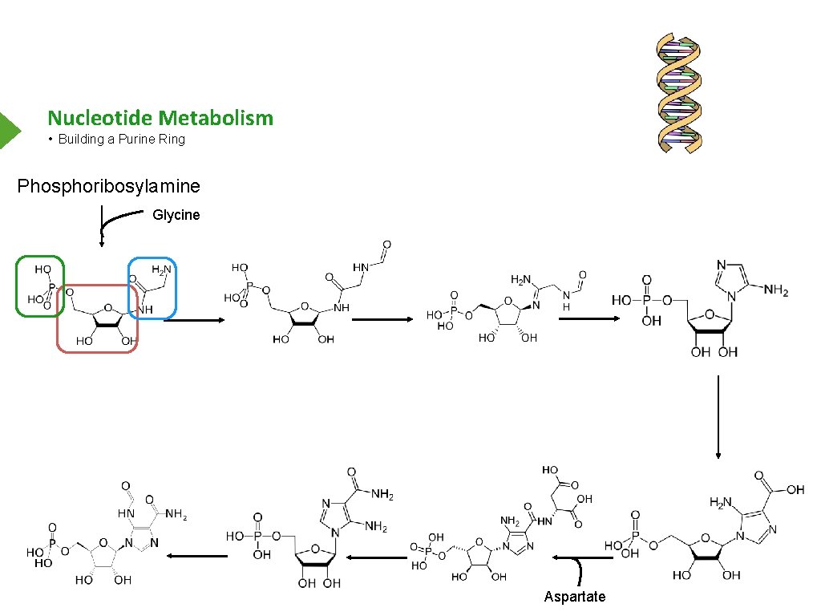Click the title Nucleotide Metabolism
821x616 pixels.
pos(160,119)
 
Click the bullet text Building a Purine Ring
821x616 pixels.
pos(121,140)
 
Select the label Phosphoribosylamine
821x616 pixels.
pos(109,187)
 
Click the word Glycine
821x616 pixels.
pos(176,215)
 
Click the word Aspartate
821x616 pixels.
pos(574,597)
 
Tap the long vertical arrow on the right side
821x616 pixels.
pos(718,417)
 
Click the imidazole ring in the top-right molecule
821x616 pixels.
pos(733,282)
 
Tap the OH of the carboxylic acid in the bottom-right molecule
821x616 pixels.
pos(795,490)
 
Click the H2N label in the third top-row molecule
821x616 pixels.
pos(522,280)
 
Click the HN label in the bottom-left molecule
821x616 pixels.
pos(127,513)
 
